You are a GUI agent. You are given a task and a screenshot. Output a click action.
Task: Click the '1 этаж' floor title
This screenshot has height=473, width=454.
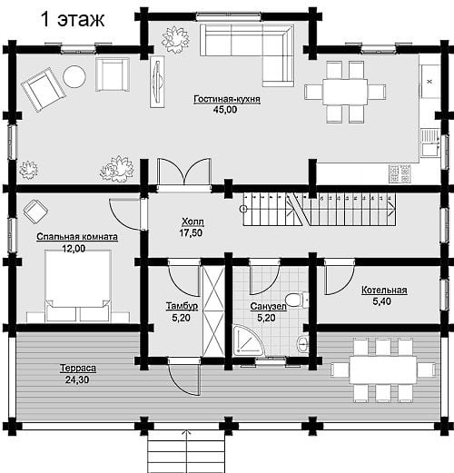pyautogui.click(x=73, y=19)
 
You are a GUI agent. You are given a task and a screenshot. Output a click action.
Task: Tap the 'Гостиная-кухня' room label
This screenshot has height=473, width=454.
pyautogui.click(x=227, y=99)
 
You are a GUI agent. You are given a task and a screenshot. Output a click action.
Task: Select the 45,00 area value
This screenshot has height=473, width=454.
pyautogui.click(x=225, y=110)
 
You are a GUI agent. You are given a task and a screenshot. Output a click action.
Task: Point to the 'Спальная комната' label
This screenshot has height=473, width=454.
pyautogui.click(x=77, y=237)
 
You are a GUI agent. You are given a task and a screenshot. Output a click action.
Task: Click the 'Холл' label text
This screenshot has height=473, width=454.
pyautogui.click(x=192, y=222)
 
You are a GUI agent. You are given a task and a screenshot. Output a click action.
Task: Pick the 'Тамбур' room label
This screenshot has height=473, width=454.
pyautogui.click(x=182, y=306)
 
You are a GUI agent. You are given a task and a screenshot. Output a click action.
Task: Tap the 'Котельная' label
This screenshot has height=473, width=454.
pyautogui.click(x=384, y=291)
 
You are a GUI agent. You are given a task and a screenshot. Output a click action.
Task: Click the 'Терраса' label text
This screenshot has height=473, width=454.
pyautogui.click(x=78, y=369)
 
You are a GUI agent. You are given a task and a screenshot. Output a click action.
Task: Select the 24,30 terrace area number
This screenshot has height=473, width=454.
pyautogui.click(x=77, y=379)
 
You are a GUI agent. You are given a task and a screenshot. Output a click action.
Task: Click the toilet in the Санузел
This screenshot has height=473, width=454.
pyautogui.click(x=297, y=300)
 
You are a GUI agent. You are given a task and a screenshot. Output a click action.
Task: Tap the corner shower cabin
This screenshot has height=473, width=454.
pyautogui.click(x=249, y=340)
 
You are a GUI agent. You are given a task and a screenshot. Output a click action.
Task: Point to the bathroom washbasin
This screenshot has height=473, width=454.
pyautogui.click(x=302, y=343)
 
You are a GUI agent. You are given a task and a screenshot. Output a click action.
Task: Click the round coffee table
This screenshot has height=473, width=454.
pyautogui.click(x=74, y=77)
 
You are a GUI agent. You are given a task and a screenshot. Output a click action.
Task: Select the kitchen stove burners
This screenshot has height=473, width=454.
pyautogui.click(x=400, y=174)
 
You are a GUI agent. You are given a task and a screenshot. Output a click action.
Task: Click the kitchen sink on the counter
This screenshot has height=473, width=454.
pyautogui.click(x=430, y=143)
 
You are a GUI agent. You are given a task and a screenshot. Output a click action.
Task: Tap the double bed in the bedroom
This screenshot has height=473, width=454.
pyautogui.click(x=78, y=285)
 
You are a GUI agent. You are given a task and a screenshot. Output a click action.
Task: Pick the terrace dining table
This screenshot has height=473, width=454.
pyautogui.click(x=383, y=370)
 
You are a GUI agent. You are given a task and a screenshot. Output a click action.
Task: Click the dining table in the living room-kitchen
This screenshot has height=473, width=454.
pyautogui.click(x=345, y=92)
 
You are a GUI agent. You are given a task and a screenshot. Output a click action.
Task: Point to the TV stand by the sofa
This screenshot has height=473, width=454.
pyautogui.click(x=157, y=82)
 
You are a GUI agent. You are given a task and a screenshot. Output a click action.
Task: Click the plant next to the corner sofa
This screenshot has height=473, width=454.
pyautogui.click(x=175, y=39)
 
